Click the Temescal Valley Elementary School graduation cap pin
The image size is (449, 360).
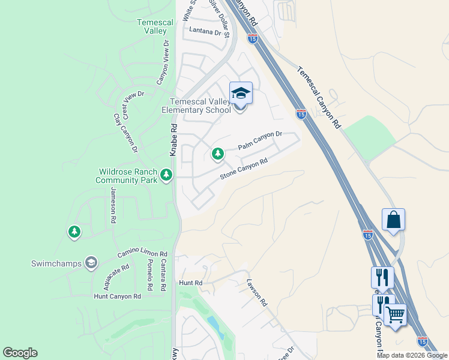(241, 94)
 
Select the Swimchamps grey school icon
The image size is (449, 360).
(91, 262)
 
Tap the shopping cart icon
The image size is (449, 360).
(394, 314)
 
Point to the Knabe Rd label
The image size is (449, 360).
(173, 140)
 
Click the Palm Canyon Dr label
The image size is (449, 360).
(259, 142)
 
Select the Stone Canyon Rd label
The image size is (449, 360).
(243, 169)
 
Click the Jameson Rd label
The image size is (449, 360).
(113, 205)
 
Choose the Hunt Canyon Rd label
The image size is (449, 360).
(117, 296)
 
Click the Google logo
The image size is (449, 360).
(20, 353)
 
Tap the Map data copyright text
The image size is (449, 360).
(412, 355)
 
